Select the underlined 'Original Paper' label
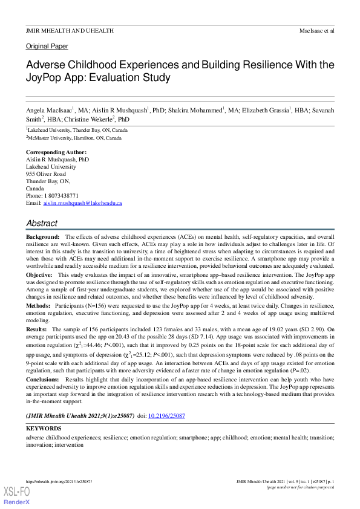click(x=47, y=46)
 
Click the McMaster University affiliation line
click(x=74, y=138)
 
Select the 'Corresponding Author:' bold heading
click(x=56, y=152)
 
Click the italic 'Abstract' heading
click(x=42, y=223)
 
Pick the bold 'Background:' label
click(x=42, y=236)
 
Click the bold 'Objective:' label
click(x=39, y=274)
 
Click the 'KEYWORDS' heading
click(x=44, y=428)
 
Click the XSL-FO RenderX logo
click(x=16, y=496)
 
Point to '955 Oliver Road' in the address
click(x=46, y=173)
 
